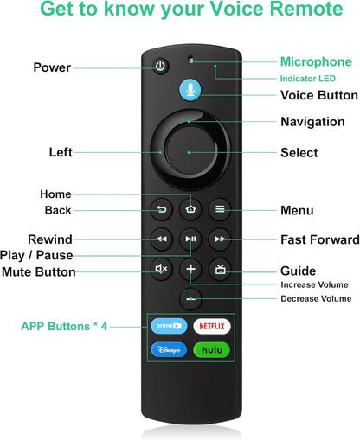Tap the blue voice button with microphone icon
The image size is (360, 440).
(x=190, y=90)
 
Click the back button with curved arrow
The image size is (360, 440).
(x=161, y=209)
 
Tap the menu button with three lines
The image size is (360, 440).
(x=220, y=209)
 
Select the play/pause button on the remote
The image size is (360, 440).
(x=190, y=239)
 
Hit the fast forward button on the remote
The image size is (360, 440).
(x=220, y=239)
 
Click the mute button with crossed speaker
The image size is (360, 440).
(x=161, y=269)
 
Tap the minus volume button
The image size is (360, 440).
(x=190, y=299)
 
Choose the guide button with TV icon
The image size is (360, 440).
(x=220, y=269)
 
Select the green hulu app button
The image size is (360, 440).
(x=212, y=350)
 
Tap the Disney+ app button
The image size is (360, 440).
(x=169, y=350)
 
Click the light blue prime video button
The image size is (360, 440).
(x=169, y=326)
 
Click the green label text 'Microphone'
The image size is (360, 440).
(x=316, y=62)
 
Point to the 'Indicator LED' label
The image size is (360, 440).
(x=308, y=79)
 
